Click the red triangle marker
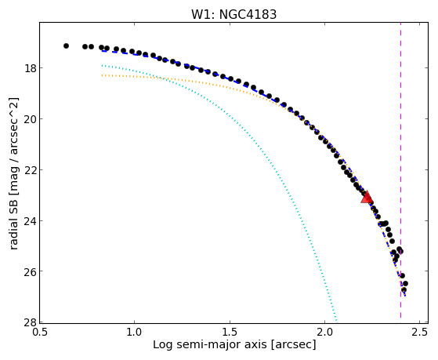tap(367, 197)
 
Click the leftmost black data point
tap(66, 45)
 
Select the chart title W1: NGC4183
tap(233, 14)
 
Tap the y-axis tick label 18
tap(30, 68)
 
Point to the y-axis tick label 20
tap(30, 119)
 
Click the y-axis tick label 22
tap(30, 169)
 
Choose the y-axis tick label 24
tap(30, 220)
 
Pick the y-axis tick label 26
tap(30, 271)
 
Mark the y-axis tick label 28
tap(30, 322)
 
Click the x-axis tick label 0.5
tap(39, 332)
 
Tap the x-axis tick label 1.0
tap(134, 332)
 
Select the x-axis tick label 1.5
tap(230, 332)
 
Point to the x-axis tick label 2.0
tap(324, 332)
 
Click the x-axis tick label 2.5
tap(419, 332)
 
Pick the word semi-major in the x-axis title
tap(206, 344)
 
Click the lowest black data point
tap(404, 289)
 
